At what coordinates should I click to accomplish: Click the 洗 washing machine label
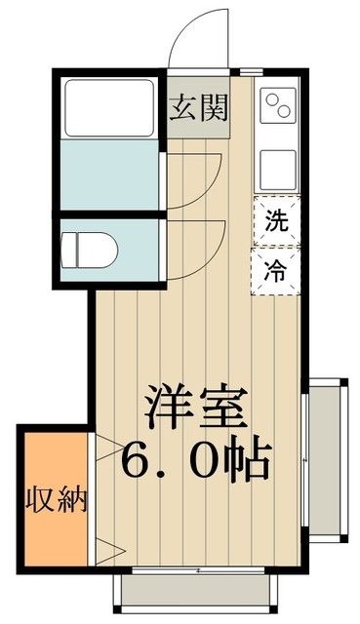(x=277, y=221)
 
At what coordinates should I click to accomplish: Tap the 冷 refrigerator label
(x=277, y=271)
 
